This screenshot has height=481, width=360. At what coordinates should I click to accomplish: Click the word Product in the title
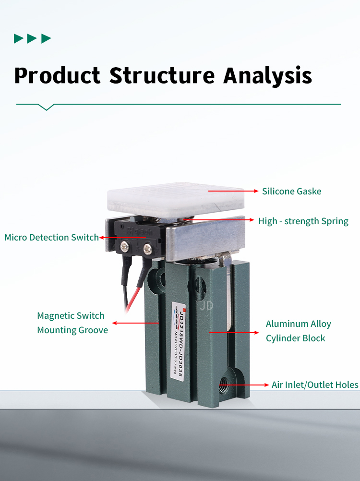(x=57, y=76)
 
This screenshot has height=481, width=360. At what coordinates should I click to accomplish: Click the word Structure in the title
(x=162, y=76)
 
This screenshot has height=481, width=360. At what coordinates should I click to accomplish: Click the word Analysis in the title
(x=268, y=76)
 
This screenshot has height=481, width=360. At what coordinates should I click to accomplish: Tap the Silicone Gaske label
(x=291, y=191)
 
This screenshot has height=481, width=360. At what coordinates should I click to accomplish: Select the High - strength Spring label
(x=303, y=221)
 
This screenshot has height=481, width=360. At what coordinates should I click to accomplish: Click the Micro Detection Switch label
(x=51, y=237)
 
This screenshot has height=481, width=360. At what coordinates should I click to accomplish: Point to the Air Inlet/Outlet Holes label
(x=315, y=385)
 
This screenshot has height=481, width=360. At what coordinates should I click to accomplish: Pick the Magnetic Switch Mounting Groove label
(x=72, y=323)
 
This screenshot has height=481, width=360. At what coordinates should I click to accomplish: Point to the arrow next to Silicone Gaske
(x=233, y=191)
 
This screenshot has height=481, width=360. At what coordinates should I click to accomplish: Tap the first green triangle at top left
(x=18, y=38)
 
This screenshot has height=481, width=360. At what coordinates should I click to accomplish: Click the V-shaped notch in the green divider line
(x=46, y=107)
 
